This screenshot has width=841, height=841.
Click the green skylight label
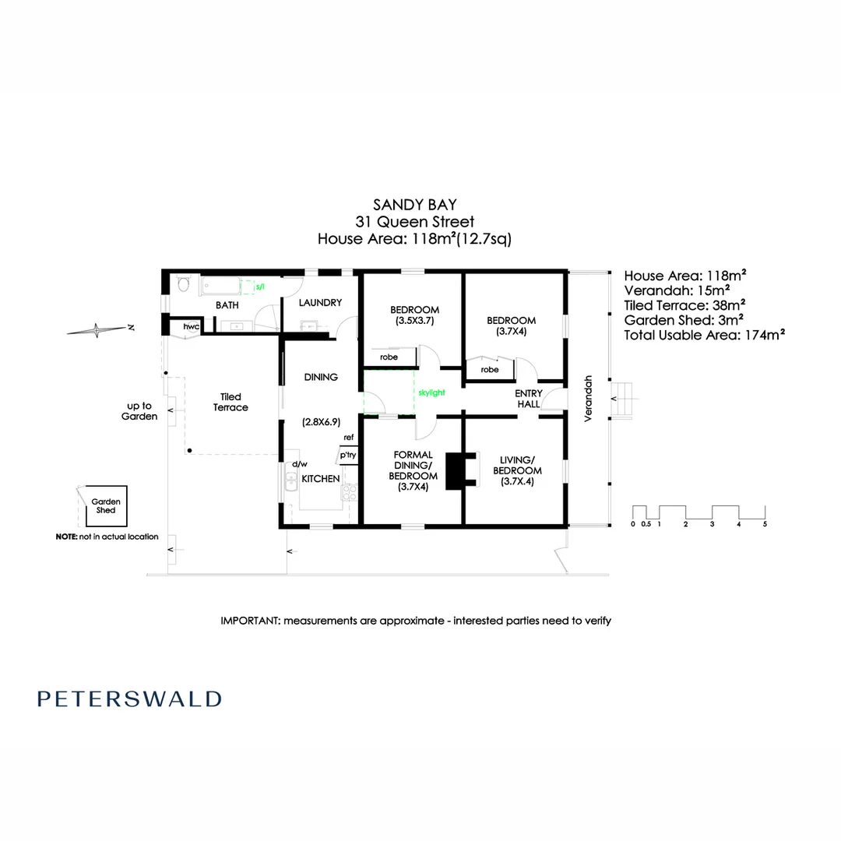point(431,393)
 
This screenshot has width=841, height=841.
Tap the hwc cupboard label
point(191,327)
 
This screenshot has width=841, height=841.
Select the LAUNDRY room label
point(320,303)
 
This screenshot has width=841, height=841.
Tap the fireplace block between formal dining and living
point(454,470)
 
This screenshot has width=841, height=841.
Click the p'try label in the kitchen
point(347,455)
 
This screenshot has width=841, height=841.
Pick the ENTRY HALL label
point(529,399)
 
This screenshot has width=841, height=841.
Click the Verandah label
point(589,398)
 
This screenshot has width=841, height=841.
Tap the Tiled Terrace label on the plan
point(230,403)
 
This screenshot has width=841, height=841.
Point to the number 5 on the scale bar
point(765,524)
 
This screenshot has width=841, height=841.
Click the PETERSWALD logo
point(129,698)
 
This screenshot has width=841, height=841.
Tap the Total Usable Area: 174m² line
point(704,335)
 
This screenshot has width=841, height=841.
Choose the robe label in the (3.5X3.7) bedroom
point(389,357)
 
